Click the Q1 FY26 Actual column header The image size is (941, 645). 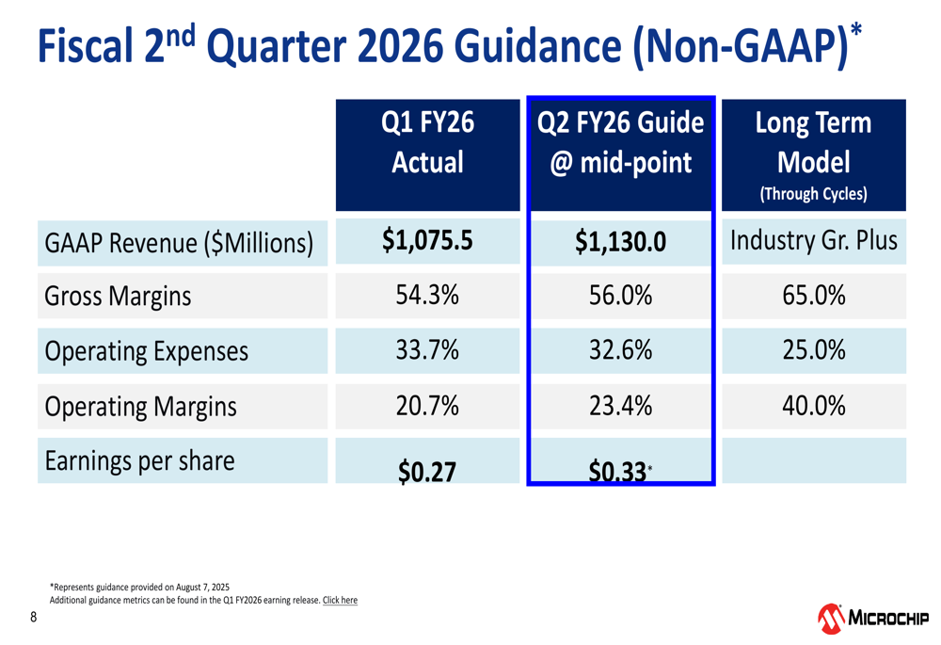click(427, 143)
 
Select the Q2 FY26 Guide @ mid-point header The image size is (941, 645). click(620, 143)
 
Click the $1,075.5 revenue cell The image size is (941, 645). click(427, 241)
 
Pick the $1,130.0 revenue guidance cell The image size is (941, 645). click(620, 243)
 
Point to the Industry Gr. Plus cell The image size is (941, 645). click(813, 241)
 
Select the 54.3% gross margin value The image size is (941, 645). click(427, 297)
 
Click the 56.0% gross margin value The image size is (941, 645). click(620, 297)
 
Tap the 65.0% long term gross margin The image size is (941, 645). click(813, 297)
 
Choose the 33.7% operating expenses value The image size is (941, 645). click(427, 351)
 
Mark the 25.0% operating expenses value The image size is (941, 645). click(813, 351)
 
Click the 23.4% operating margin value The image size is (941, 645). click(620, 407)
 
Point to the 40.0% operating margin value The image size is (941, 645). click(813, 407)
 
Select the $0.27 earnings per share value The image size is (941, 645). click(427, 471)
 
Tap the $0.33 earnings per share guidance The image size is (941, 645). click(617, 471)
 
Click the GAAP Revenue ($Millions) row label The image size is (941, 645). click(179, 244)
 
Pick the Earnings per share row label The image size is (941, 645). click(139, 461)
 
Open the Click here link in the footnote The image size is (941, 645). click(340, 600)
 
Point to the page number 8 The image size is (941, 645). click(34, 618)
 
